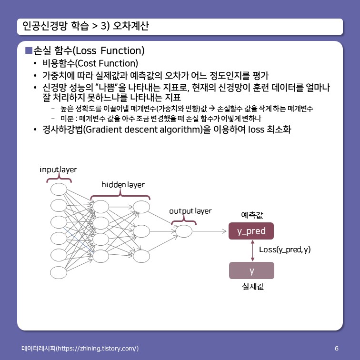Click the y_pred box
point(251,231)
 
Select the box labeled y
point(251,270)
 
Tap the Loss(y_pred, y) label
point(285,249)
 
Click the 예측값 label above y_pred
point(252,215)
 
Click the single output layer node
point(183,231)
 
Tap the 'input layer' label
point(58,170)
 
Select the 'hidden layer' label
point(123,184)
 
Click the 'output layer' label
point(190,210)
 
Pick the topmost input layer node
point(59,189)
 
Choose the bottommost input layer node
point(59,272)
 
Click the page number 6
point(337,348)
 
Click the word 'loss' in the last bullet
point(258,129)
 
